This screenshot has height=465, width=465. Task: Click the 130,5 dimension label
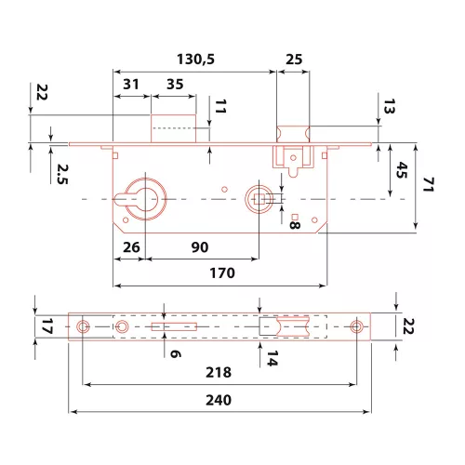pyautogui.click(x=195, y=59)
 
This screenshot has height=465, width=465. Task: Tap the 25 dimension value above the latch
pyautogui.click(x=294, y=59)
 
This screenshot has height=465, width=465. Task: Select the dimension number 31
pyautogui.click(x=131, y=84)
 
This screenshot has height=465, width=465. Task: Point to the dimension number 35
pyautogui.click(x=175, y=84)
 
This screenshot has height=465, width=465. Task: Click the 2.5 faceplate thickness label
pyautogui.click(x=62, y=174)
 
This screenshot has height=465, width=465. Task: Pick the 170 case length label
pyautogui.click(x=222, y=273)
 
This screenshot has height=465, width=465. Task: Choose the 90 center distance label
pyautogui.click(x=200, y=247)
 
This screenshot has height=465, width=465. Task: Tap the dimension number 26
pyautogui.click(x=131, y=247)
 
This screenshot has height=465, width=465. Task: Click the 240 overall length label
pyautogui.click(x=219, y=400)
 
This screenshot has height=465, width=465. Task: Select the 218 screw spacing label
pyautogui.click(x=219, y=372)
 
